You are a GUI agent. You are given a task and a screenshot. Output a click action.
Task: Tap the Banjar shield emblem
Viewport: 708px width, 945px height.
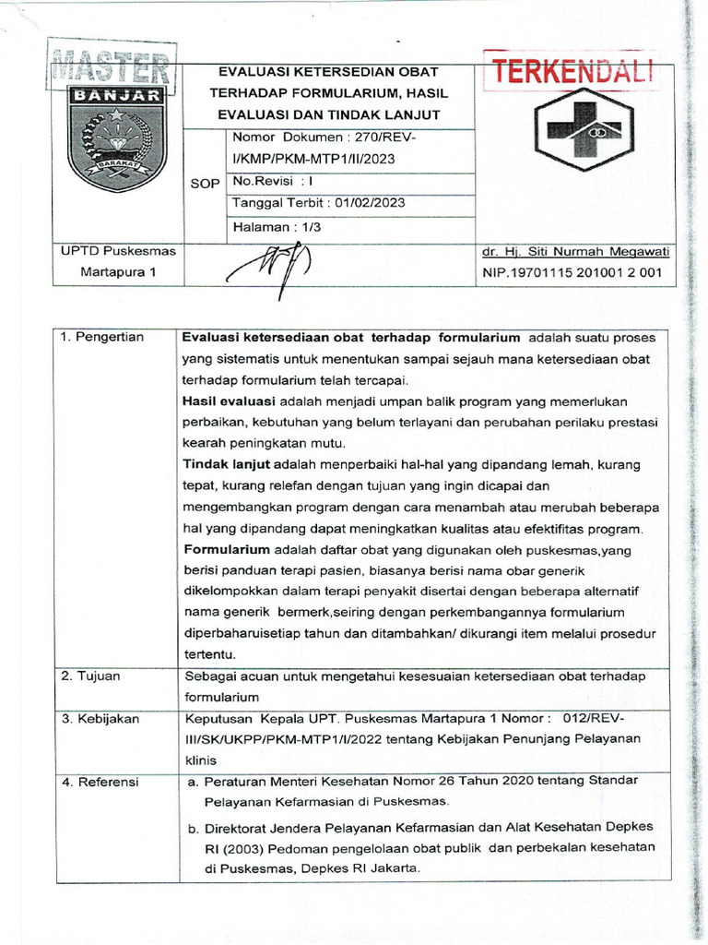tap(117, 138)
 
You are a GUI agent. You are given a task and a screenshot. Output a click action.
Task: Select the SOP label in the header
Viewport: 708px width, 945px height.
tap(205, 184)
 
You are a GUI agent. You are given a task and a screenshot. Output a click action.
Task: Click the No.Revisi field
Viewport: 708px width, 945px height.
tap(275, 182)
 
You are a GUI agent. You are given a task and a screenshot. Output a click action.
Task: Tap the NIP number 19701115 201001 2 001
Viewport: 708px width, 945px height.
tap(572, 273)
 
